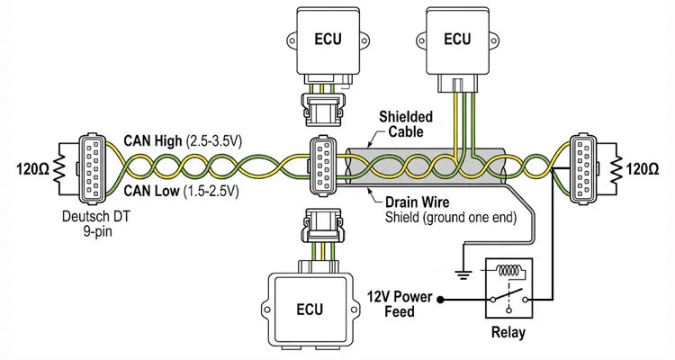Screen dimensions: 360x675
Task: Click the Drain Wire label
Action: (x=414, y=203)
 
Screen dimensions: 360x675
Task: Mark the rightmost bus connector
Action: (x=582, y=166)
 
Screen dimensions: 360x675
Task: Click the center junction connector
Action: (x=323, y=166)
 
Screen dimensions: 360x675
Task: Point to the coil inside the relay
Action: (x=511, y=272)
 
